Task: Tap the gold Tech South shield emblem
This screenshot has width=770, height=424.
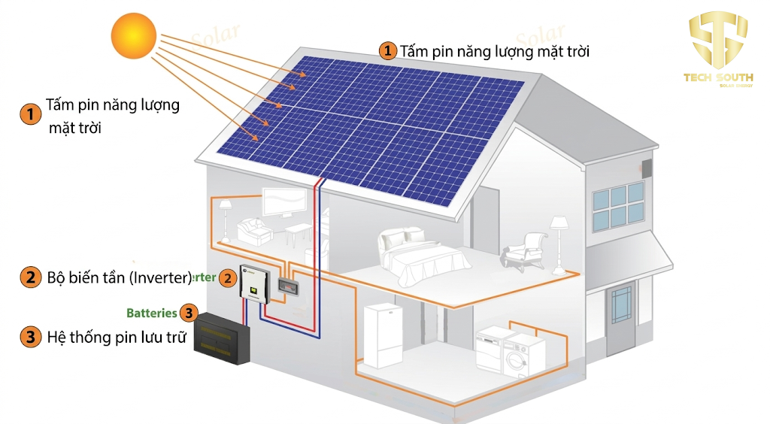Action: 718,38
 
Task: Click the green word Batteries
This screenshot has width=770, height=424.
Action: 151,313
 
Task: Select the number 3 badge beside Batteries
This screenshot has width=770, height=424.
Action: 189,313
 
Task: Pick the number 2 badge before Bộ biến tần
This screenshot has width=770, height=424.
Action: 30,277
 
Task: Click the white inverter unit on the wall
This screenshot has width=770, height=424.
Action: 253,284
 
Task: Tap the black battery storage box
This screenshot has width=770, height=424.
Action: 222,341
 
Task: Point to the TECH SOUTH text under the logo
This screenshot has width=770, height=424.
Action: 717,77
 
